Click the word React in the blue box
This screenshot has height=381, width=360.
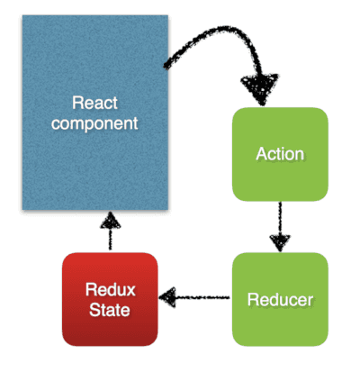pyautogui.click(x=94, y=103)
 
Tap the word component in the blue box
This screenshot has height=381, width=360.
pyautogui.click(x=94, y=123)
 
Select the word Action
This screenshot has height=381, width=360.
pyautogui.click(x=280, y=154)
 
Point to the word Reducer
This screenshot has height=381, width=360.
pyautogui.click(x=280, y=299)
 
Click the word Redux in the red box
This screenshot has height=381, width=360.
pyautogui.click(x=110, y=290)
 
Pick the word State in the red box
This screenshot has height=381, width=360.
pyautogui.click(x=110, y=310)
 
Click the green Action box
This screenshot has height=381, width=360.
pyautogui.click(x=280, y=154)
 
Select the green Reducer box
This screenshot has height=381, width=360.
pyautogui.click(x=280, y=299)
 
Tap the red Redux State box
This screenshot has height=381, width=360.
pyautogui.click(x=110, y=299)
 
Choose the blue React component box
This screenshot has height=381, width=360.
pyautogui.click(x=95, y=113)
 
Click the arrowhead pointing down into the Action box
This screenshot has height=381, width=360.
pyautogui.click(x=260, y=88)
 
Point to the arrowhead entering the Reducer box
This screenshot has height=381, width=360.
pyautogui.click(x=280, y=242)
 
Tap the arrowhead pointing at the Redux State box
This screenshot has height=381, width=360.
pyautogui.click(x=168, y=297)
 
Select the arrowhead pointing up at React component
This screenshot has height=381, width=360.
pyautogui.click(x=110, y=221)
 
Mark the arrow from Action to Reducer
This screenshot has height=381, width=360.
pyautogui.click(x=280, y=227)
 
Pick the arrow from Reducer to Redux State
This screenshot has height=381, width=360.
pyautogui.click(x=194, y=297)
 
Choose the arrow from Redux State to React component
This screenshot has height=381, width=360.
pyautogui.click(x=110, y=231)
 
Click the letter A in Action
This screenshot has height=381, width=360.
pyautogui.click(x=261, y=154)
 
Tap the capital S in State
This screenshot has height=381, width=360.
pyautogui.click(x=94, y=310)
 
